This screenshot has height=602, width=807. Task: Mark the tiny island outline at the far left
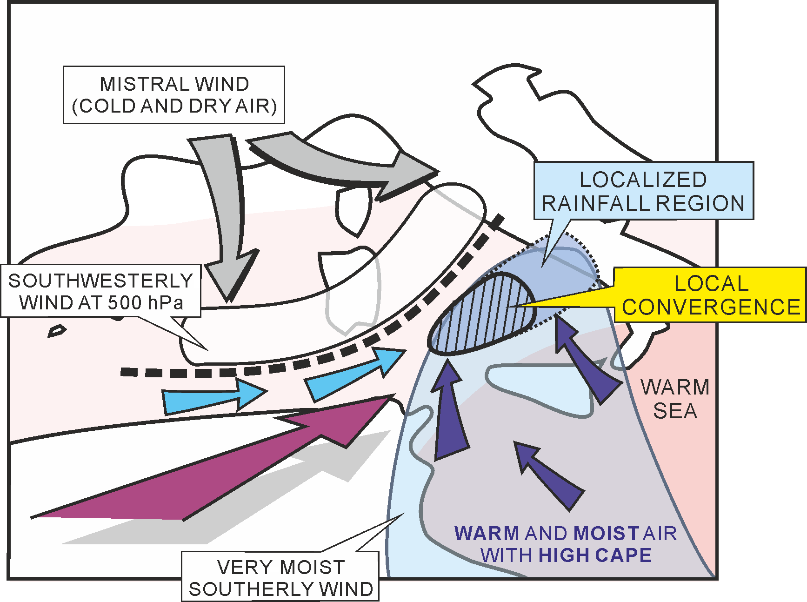pos(57,331)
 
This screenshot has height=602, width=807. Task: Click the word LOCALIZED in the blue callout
pos(643,180)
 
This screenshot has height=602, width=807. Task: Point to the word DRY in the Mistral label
pos(209,106)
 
